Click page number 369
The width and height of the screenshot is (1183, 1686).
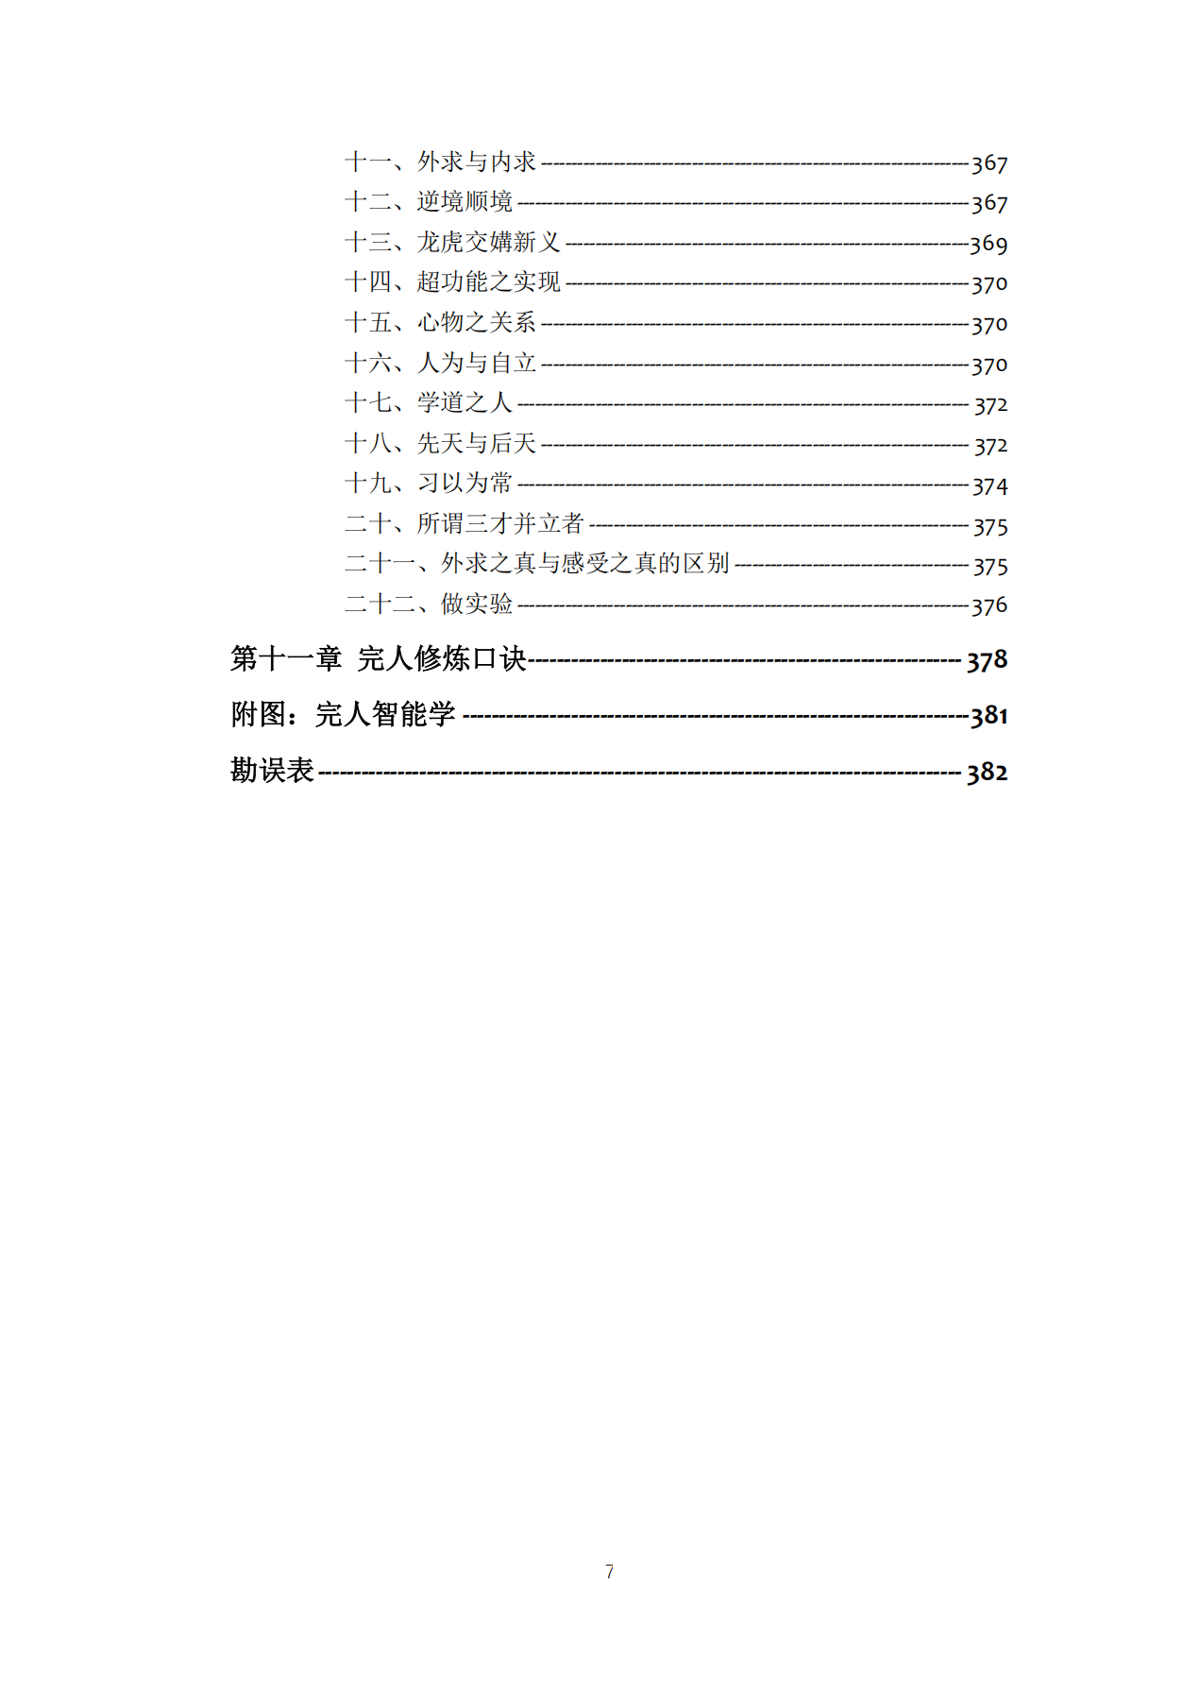989,245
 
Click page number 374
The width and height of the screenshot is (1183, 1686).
990,486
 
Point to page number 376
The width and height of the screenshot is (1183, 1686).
989,606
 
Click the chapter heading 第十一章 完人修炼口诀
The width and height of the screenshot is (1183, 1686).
378,658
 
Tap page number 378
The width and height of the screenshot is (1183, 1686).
987,660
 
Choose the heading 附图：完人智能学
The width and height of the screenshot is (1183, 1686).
343,714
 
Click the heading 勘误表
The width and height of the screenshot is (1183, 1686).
272,771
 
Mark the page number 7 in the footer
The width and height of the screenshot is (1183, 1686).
609,1572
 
